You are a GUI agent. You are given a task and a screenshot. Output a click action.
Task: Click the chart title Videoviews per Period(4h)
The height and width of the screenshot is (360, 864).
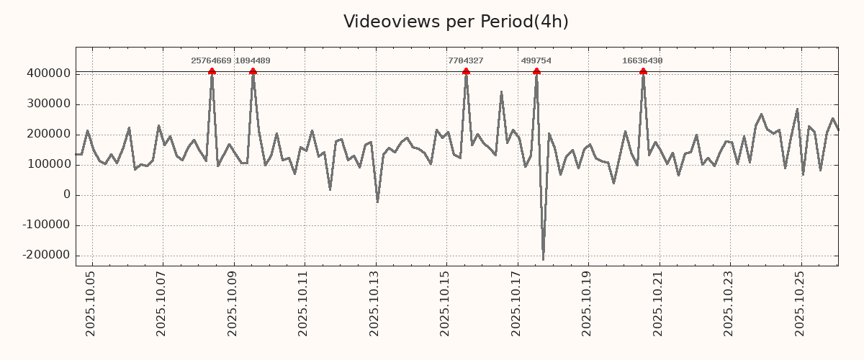click(456, 22)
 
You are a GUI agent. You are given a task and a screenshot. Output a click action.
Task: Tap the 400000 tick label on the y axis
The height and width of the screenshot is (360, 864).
click(48, 73)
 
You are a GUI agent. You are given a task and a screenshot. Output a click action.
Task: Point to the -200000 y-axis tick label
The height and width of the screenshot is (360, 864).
click(46, 256)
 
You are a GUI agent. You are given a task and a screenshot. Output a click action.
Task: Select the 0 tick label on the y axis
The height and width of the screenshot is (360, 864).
click(66, 195)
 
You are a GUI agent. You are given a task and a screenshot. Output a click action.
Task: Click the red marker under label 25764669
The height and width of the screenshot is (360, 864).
click(212, 71)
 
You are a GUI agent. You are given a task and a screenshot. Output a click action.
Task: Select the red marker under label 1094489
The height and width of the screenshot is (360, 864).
click(253, 71)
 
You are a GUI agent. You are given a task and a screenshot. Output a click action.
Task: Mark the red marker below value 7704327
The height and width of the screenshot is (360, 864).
click(466, 71)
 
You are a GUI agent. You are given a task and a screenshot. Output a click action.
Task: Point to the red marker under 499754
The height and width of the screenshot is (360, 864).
click(536, 71)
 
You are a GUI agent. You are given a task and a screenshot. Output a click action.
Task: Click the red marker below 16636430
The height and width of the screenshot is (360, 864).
click(643, 71)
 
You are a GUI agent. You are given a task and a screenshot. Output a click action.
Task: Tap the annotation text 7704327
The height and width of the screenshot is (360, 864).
click(466, 61)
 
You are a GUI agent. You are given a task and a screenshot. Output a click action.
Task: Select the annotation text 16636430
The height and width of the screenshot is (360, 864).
click(642, 61)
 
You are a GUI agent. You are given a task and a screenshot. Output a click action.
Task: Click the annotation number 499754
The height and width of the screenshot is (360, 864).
click(536, 61)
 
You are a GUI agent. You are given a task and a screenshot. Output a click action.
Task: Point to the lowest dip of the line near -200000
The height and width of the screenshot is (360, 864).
click(543, 259)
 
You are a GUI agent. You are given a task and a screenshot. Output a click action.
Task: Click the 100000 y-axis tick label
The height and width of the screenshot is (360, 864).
click(48, 165)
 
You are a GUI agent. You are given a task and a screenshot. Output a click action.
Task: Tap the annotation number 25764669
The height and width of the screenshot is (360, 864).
click(211, 61)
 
